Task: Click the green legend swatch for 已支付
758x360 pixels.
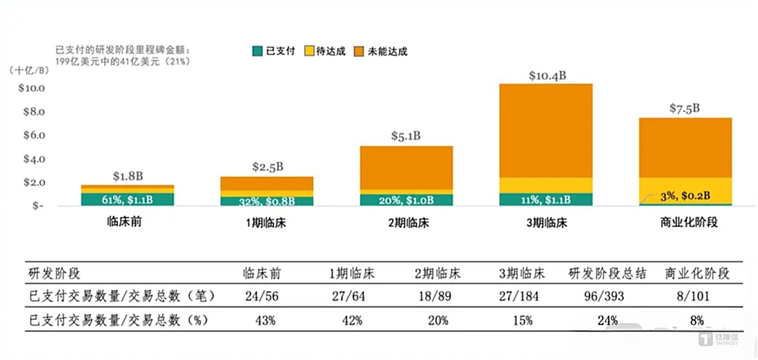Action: pyautogui.click(x=257, y=52)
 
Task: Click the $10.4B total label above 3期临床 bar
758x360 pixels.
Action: pyautogui.click(x=547, y=75)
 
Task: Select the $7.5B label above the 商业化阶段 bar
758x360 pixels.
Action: pyautogui.click(x=684, y=108)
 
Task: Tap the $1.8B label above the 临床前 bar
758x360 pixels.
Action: pyautogui.click(x=127, y=176)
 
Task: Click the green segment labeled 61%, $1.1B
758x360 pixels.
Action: pyautogui.click(x=127, y=200)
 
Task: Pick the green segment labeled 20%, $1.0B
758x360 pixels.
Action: pyautogui.click(x=406, y=200)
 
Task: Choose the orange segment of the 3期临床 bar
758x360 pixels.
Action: pyautogui.click(x=546, y=130)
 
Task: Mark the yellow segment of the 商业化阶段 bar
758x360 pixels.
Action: pyautogui.click(x=685, y=187)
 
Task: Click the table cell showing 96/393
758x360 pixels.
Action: pyautogui.click(x=607, y=297)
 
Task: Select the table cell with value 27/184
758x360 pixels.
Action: pyautogui.click(x=522, y=297)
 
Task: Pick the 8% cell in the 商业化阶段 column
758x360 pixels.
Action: pyautogui.click(x=697, y=320)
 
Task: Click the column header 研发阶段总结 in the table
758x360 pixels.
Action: pyautogui.click(x=607, y=273)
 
